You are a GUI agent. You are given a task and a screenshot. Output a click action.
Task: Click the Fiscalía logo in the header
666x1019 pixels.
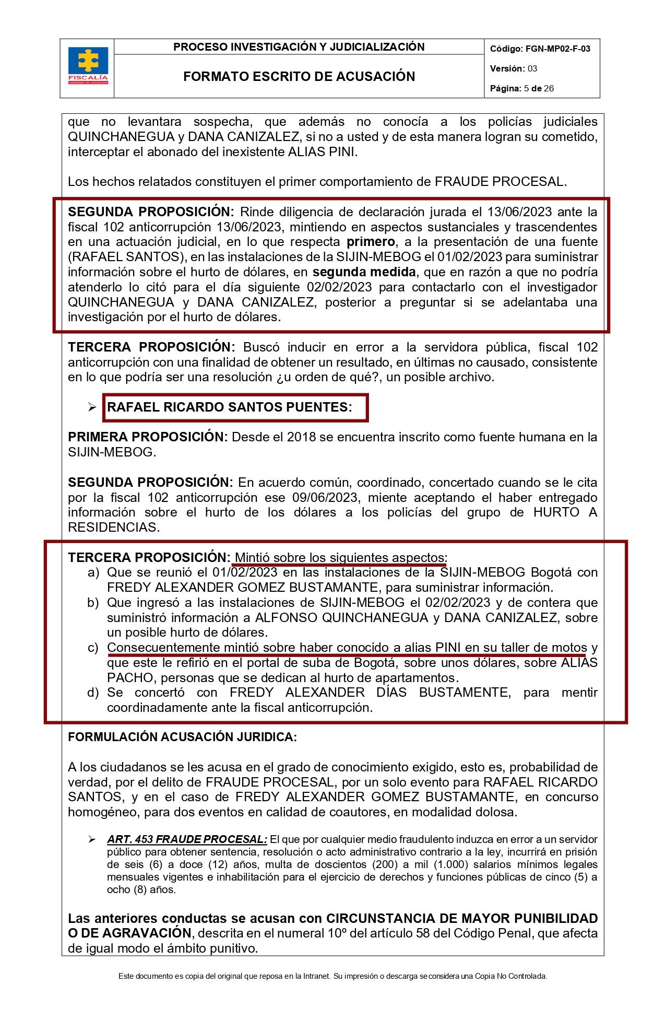[88, 66]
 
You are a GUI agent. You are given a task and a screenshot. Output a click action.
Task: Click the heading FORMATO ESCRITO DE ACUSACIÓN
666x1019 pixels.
[299, 76]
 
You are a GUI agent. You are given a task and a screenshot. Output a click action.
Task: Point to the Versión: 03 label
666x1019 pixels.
[514, 68]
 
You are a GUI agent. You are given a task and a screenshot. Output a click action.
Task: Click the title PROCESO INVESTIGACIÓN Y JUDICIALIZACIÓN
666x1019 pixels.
[299, 47]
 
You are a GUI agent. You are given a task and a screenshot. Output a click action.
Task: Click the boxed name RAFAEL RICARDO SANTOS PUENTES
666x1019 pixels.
[230, 407]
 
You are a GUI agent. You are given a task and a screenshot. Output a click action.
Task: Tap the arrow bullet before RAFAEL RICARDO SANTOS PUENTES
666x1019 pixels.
[92, 407]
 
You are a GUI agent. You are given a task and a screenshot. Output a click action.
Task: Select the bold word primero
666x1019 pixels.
[371, 242]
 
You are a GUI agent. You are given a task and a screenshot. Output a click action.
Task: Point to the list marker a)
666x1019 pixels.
[93, 572]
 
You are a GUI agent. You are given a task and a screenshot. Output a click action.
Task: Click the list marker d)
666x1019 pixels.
[93, 693]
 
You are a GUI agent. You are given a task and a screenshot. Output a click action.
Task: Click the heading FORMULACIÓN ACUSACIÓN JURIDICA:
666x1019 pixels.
[182, 737]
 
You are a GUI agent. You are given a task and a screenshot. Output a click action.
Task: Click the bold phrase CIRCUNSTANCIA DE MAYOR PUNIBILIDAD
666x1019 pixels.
[462, 918]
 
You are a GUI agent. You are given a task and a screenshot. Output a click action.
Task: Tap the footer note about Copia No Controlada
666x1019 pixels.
[332, 976]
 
